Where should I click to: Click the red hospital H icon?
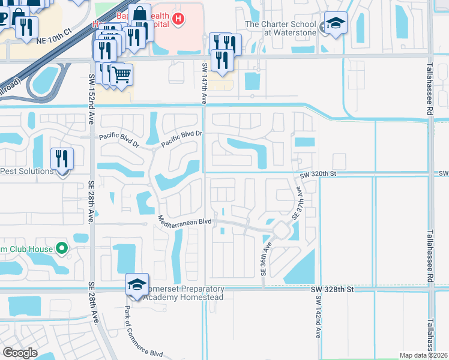point(177,19)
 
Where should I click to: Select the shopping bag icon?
point(139,14)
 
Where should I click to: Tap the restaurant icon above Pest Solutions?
point(62,158)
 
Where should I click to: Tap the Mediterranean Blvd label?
point(185,220)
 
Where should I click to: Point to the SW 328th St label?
point(333,289)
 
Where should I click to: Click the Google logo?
point(20,353)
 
